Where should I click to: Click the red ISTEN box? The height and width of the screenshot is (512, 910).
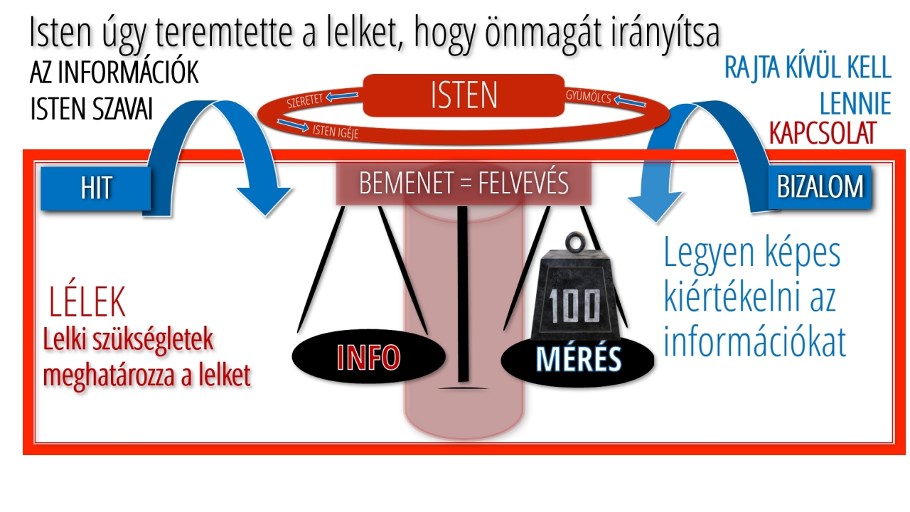pos(464,95)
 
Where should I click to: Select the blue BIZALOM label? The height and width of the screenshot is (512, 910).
pos(820,186)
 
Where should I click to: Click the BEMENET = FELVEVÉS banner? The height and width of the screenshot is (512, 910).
pos(464,183)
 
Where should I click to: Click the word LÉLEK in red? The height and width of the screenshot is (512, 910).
pos(87,303)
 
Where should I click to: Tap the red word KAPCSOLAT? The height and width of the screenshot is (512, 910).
pos(823,134)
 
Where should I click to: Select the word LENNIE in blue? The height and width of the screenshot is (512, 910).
pos(855,105)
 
